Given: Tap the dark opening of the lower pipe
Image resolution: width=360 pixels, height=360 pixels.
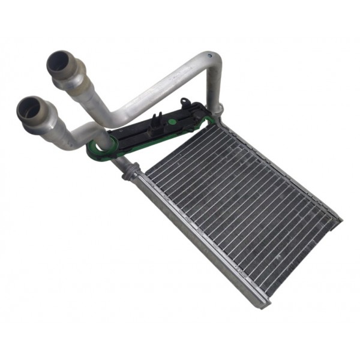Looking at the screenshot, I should pyautogui.click(x=29, y=108).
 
